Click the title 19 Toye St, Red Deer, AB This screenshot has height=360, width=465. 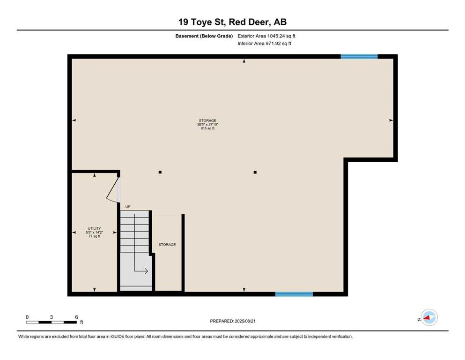[x=232, y=22]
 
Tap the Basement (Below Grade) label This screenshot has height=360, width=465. [x=204, y=36]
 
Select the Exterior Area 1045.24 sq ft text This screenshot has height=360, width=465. [x=266, y=36]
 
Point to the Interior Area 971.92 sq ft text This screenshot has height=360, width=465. [x=264, y=43]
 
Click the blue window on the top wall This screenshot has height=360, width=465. [x=359, y=56]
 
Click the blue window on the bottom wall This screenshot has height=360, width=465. [x=294, y=294]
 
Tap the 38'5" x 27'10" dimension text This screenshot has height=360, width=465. [x=207, y=125]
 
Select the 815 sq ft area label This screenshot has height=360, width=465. [x=207, y=128]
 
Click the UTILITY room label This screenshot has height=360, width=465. [x=94, y=229]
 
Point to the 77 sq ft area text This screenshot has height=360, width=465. [x=94, y=236]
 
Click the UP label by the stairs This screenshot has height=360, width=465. [x=128, y=207]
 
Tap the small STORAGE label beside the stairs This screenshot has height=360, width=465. [x=167, y=245]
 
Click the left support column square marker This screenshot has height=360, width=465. [x=160, y=172]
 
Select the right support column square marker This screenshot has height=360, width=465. [x=255, y=172]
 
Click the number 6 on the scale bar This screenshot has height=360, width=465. [x=76, y=317]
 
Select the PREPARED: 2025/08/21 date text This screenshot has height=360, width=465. [x=233, y=321]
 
